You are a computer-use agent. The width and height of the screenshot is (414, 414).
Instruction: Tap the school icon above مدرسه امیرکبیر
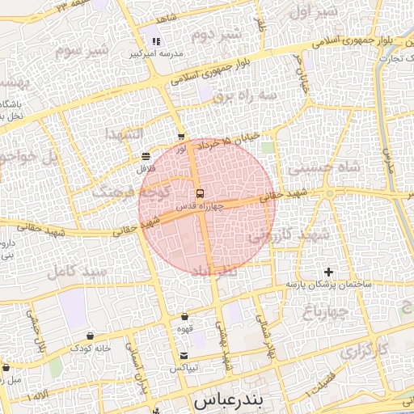point(156,40)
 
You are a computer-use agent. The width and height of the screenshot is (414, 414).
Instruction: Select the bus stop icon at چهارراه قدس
point(199,194)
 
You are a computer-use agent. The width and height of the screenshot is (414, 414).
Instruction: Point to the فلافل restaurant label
point(146,168)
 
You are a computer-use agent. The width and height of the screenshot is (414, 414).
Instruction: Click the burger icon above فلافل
point(146,156)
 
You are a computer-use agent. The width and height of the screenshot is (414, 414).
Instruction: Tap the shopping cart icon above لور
point(181,137)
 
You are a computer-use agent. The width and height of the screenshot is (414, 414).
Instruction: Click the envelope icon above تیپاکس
point(184,356)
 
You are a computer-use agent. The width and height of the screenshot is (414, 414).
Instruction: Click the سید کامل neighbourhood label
point(77,272)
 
